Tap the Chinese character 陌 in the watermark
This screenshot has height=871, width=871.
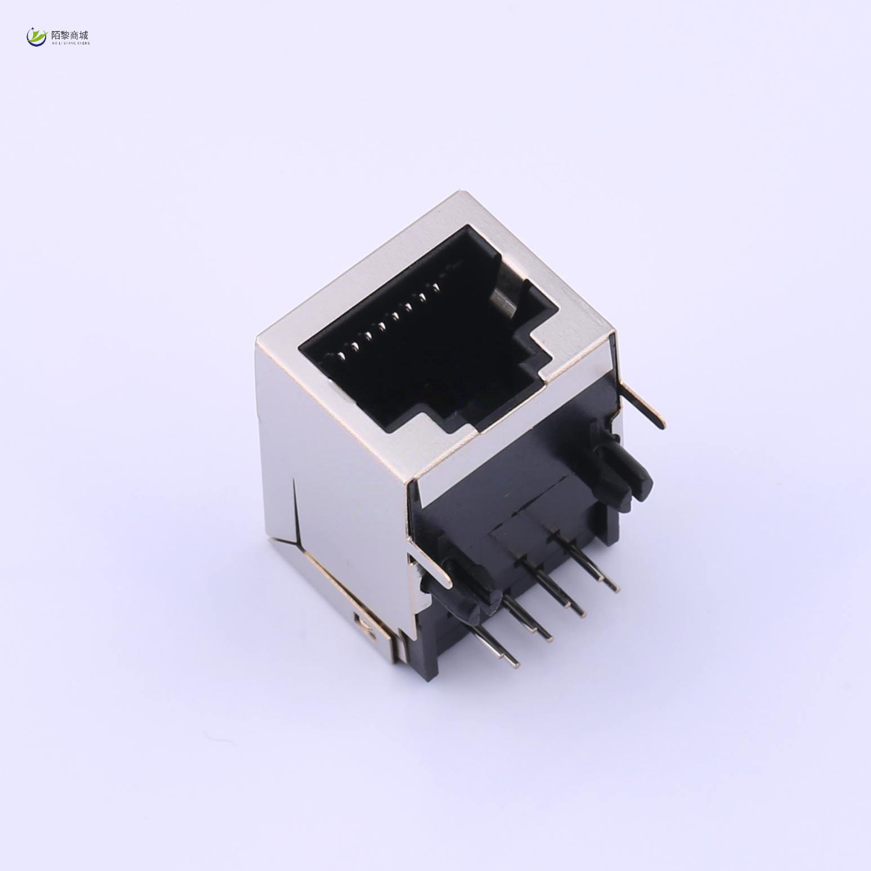click(56, 35)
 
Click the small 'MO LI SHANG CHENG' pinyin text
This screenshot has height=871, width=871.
click(70, 43)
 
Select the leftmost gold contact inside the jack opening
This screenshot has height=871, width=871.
click(341, 355)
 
